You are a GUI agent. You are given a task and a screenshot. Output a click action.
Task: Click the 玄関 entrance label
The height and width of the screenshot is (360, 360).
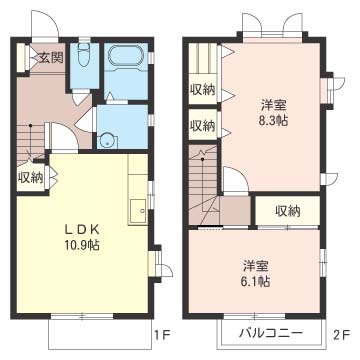tap(50, 58)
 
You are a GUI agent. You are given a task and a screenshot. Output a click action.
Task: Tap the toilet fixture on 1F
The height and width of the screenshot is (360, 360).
tap(84, 53)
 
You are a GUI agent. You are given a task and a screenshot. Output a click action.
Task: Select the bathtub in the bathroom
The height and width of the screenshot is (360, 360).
tap(126, 54)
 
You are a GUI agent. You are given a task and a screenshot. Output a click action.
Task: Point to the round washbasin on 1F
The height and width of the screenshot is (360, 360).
tap(108, 140)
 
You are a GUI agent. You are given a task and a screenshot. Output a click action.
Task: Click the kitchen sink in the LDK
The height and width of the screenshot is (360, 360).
tap(138, 211)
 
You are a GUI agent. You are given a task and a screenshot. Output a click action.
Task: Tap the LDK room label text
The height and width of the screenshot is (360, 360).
tap(82, 229)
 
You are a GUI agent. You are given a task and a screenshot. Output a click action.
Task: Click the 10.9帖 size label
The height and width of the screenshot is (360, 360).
tap(82, 245)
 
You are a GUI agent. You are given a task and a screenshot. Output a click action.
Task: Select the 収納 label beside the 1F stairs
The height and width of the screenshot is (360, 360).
tap(30, 178)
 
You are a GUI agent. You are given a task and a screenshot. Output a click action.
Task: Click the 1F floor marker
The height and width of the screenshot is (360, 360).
tap(162, 334)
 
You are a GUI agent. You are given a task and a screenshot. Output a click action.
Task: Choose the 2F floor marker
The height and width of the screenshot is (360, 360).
tap(341, 334)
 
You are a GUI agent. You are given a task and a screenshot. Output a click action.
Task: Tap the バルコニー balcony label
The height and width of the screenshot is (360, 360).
tap(271, 333)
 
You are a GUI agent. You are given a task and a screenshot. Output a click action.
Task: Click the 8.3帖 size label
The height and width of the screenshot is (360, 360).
tap(274, 121)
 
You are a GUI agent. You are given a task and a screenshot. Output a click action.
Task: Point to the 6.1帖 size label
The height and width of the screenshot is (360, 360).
tap(256, 282)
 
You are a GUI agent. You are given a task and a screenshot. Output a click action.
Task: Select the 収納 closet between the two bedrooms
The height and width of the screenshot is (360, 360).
tap(288, 211)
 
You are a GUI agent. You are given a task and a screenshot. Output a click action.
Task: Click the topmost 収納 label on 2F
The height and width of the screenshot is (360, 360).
tap(202, 90)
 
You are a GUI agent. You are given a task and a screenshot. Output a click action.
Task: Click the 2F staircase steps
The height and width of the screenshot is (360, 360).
tap(203, 184)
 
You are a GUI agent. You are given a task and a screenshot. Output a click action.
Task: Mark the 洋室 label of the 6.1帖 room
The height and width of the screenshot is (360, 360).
tap(256, 266)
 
